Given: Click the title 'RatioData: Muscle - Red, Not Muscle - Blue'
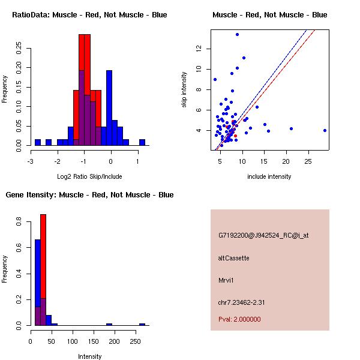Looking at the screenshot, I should tap(89, 14).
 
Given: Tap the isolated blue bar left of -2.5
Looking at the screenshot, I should tap(38, 142).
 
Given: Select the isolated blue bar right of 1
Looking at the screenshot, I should tap(142, 142).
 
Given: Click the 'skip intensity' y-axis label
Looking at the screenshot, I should tap(185, 90).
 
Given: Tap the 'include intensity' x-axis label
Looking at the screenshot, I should tap(269, 176).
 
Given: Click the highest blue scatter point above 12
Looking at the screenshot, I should tap(237, 34).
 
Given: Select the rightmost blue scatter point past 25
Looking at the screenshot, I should tap(325, 130).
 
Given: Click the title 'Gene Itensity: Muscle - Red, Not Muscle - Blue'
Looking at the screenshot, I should tap(89, 194).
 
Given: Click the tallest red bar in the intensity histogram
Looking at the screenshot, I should tap(43, 270).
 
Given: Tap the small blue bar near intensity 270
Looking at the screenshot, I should tap(142, 324).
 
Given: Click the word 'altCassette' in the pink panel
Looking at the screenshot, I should tap(233, 258).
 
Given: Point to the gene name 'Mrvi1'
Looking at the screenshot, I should tap(226, 280).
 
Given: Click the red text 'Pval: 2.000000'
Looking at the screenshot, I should tap(239, 319).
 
